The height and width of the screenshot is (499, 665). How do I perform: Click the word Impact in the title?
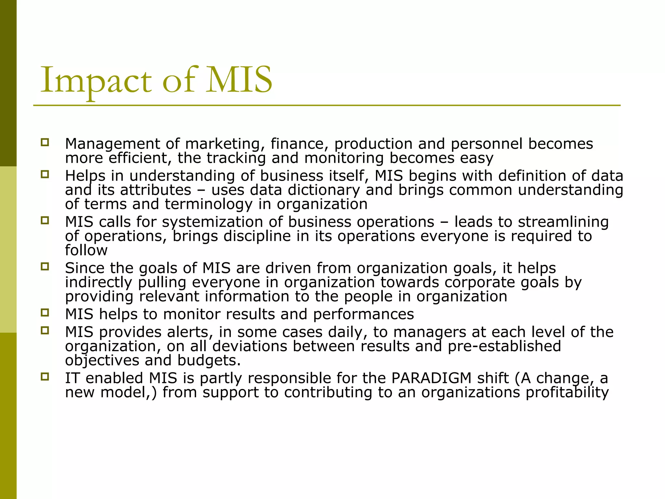pos(96,81)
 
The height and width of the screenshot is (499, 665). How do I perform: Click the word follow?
pos(86,250)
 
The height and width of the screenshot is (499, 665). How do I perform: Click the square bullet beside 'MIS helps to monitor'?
pos(45,313)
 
